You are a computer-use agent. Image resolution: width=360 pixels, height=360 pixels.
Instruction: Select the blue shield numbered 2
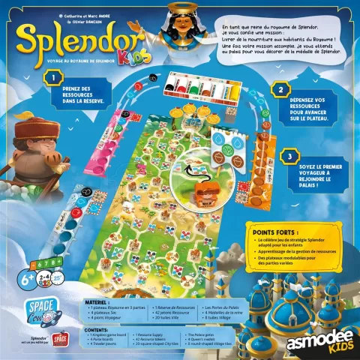(x=281, y=89)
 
